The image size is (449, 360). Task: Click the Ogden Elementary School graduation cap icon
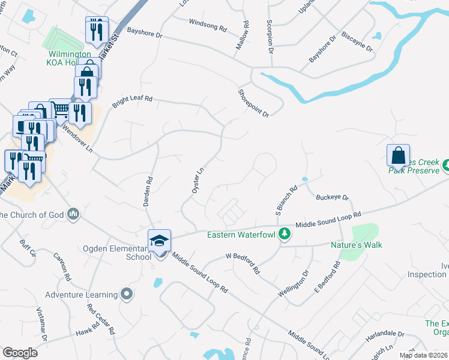160,241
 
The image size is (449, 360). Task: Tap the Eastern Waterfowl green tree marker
285,234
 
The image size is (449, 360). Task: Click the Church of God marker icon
74,214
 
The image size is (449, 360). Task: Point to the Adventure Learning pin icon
126,294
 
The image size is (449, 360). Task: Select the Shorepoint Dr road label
253,103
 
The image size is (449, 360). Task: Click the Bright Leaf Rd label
132,98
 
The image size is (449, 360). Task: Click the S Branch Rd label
286,202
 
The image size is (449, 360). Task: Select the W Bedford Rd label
243,263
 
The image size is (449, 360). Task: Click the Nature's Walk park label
356,245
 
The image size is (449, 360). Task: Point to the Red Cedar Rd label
101,319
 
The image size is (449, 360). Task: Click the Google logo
20,353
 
